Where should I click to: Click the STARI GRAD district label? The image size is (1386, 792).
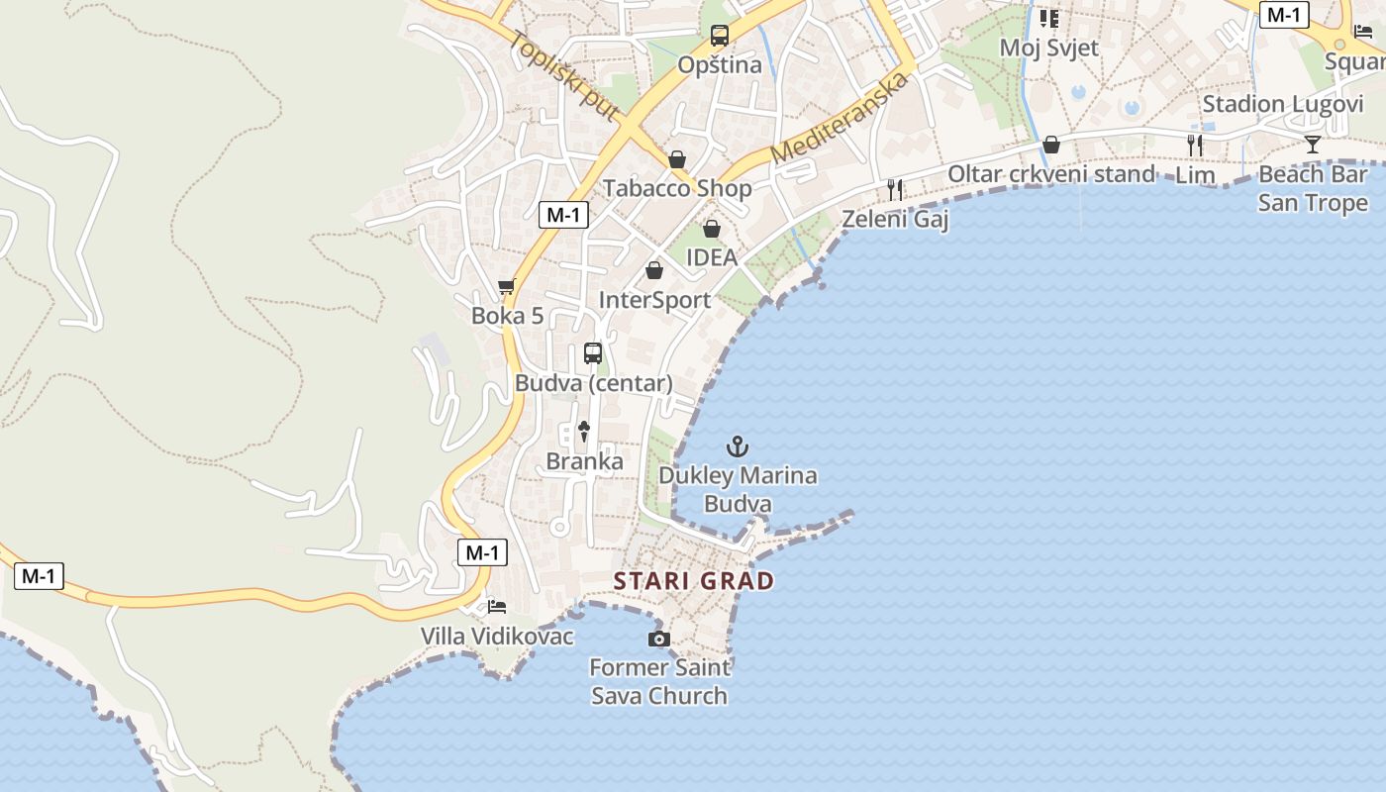click(x=693, y=581)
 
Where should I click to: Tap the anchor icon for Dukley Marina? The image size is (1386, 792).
click(x=737, y=446)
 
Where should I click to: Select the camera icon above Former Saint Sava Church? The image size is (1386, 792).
click(x=658, y=639)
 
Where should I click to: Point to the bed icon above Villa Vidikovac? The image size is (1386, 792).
click(x=497, y=606)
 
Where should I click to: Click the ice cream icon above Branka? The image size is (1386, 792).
click(x=584, y=431)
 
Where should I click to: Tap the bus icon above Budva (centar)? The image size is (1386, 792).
click(x=593, y=353)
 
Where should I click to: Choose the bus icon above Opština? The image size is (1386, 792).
click(x=720, y=36)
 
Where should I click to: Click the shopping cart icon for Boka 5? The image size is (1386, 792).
click(x=507, y=287)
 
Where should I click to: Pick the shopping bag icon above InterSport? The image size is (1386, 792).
click(x=654, y=270)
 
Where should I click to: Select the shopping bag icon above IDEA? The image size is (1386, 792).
click(x=712, y=230)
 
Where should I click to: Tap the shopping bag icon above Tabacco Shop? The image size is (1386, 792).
click(x=677, y=159)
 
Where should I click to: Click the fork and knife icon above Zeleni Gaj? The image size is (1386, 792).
click(x=895, y=189)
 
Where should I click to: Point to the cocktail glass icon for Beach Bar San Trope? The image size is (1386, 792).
click(x=1313, y=145)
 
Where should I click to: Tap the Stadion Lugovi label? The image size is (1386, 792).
click(x=1283, y=104)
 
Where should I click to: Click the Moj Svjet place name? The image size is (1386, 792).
click(x=1049, y=48)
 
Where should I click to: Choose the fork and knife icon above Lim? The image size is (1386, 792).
click(x=1195, y=146)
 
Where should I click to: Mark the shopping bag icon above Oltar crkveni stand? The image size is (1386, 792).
click(x=1051, y=146)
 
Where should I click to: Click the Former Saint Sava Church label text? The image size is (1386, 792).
click(x=659, y=681)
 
